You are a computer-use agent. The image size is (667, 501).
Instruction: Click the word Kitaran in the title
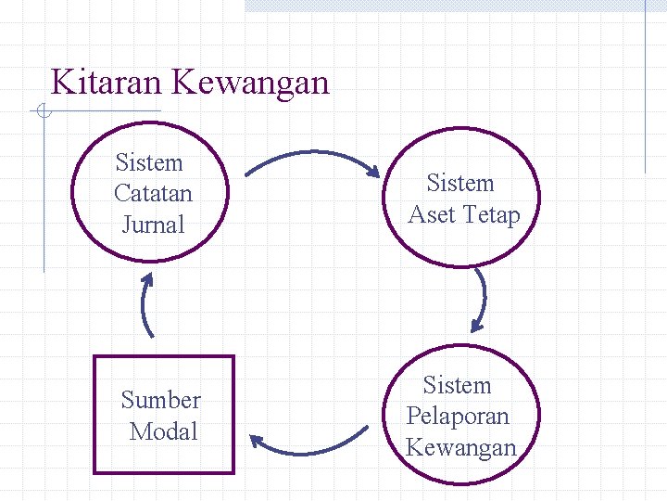[x=107, y=83]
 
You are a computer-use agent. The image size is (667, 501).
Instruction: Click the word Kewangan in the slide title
[x=251, y=83]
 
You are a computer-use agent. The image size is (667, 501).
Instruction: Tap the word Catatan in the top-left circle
[x=153, y=194]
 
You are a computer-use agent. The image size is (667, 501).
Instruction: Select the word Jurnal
[x=153, y=225]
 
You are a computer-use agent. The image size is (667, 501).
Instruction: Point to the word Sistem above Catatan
[x=149, y=163]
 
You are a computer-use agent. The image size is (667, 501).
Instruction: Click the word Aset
[x=432, y=215]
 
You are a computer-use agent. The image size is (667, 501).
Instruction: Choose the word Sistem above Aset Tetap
[x=460, y=184]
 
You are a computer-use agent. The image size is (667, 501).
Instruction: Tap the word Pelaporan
[x=458, y=416]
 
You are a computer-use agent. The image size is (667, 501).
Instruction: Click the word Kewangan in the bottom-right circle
[x=460, y=447]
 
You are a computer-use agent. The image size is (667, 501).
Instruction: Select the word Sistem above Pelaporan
[x=457, y=385]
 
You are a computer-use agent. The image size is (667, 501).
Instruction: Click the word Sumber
[x=160, y=400]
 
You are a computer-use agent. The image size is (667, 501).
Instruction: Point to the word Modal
[x=164, y=431]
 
